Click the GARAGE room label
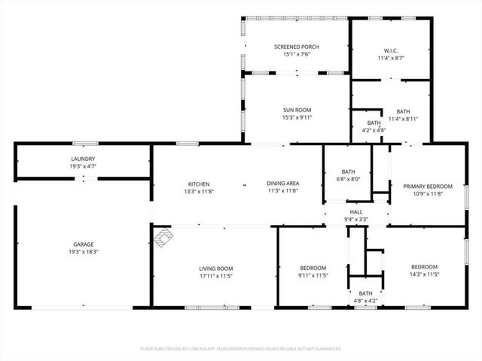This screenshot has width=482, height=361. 83,244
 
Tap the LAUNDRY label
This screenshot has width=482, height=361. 83,159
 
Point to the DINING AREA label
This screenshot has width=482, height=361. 282,184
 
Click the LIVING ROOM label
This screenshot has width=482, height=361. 215,268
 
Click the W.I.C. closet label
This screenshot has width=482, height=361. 391,51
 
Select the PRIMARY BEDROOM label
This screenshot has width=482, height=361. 428,187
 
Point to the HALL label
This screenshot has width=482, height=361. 356,212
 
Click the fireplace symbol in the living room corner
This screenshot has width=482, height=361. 163,238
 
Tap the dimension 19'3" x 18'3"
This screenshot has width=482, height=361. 83,252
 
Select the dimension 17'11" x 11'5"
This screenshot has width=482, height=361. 215,276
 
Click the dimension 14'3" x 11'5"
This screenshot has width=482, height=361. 424,275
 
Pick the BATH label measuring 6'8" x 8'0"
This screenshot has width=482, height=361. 347,171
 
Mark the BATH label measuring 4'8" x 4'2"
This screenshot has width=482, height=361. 365,293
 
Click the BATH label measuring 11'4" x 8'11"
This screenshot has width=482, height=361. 403,111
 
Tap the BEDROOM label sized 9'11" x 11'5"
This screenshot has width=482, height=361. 313,268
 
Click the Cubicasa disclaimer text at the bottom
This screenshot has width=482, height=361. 241,349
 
